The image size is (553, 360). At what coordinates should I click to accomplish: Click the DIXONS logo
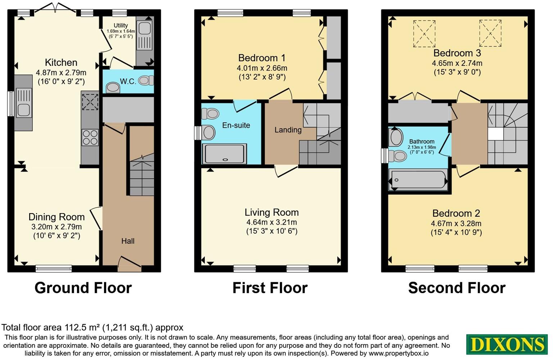pyautogui.click(x=507, y=344)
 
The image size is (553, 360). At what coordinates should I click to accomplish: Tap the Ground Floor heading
pyautogui.click(x=83, y=288)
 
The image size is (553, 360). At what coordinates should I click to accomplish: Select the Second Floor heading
pyautogui.click(x=457, y=288)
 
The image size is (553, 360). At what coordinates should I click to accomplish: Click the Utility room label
pyautogui.click(x=121, y=26)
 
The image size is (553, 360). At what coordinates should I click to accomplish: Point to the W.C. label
pyautogui.click(x=128, y=82)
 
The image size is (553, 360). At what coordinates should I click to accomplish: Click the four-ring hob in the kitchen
pyautogui.click(x=90, y=137)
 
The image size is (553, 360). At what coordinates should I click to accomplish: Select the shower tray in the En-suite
pyautogui.click(x=225, y=154)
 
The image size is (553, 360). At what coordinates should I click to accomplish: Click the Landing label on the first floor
pyautogui.click(x=288, y=130)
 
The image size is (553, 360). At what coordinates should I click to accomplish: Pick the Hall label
pyautogui.click(x=128, y=241)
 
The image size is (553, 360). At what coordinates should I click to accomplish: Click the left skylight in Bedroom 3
pyautogui.click(x=424, y=33)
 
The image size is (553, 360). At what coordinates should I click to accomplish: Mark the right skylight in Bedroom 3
pyautogui.click(x=490, y=33)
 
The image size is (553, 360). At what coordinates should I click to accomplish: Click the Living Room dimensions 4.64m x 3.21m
pyautogui.click(x=272, y=222)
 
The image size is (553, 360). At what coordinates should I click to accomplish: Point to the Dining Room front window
pyautogui.click(x=54, y=268)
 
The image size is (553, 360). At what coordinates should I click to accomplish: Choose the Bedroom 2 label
pyautogui.click(x=456, y=213)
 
